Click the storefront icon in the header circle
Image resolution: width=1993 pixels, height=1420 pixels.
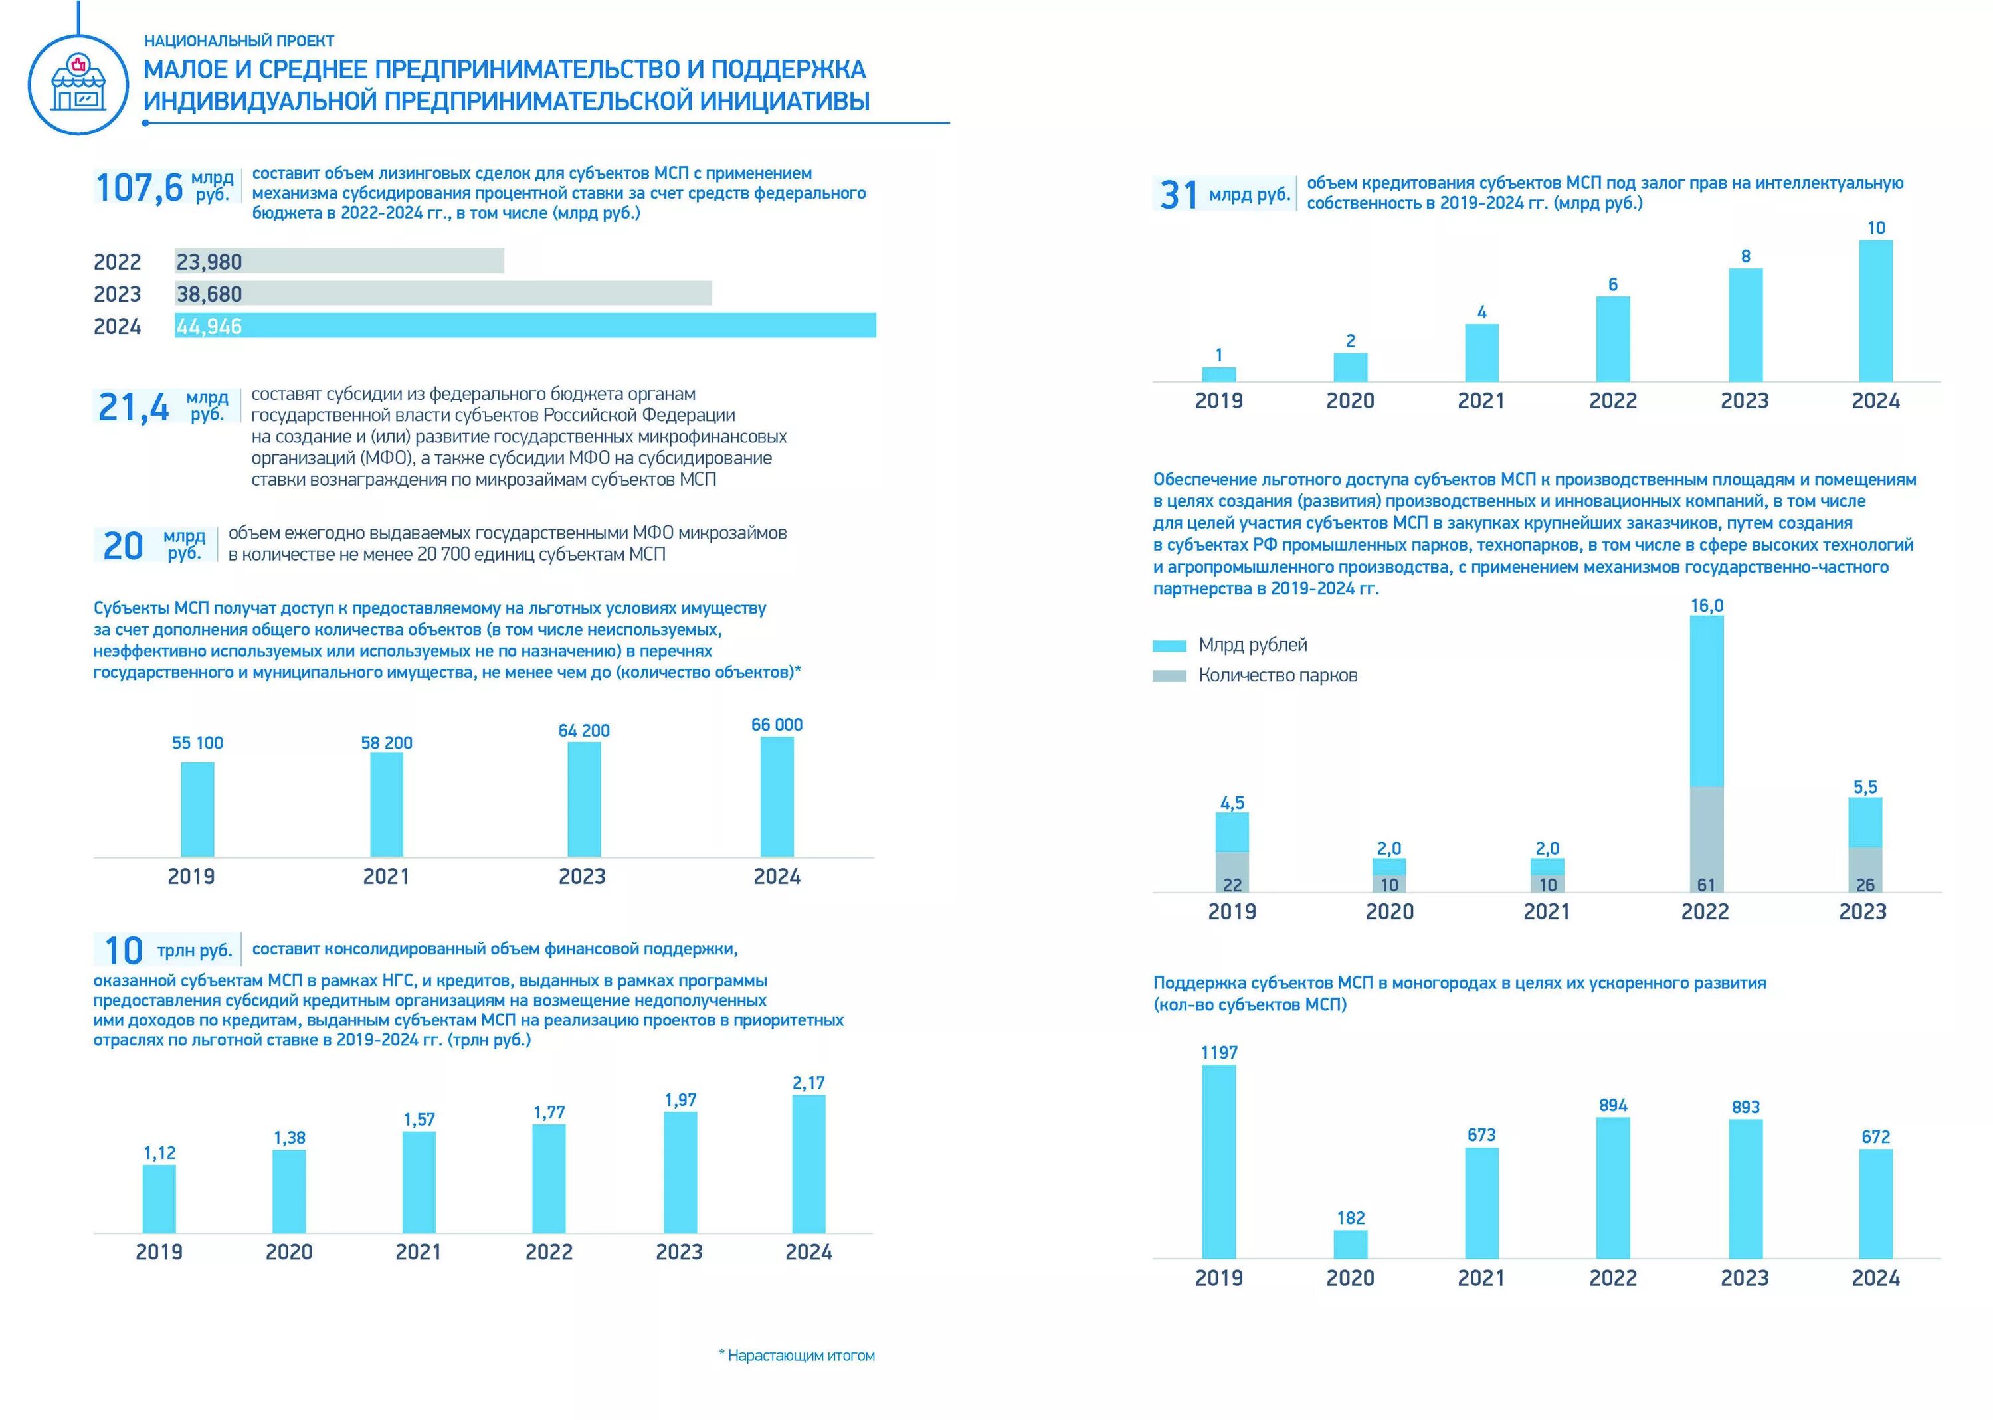78,83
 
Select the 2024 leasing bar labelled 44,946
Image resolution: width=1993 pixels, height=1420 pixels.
525,325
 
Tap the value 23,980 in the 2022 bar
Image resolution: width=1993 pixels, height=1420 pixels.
209,262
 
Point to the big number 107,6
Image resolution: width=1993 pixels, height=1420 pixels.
139,187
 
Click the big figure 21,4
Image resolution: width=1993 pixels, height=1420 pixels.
134,406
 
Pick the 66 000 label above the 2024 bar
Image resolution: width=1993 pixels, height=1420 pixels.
777,725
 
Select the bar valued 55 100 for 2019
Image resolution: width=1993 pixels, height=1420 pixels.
197,809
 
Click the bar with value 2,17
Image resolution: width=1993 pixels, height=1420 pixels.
808,1164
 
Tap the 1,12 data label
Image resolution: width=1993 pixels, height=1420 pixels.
160,1153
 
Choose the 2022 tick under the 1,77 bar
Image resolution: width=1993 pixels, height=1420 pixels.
548,1252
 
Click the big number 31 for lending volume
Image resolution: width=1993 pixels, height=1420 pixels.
1179,194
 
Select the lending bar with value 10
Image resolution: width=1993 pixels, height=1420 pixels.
1876,310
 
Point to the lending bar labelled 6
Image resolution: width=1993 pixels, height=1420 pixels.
1612,339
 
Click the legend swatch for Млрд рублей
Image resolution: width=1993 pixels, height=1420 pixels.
1169,646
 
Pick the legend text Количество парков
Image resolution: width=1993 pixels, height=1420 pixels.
1278,675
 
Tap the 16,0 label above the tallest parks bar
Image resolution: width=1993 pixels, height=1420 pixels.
1706,606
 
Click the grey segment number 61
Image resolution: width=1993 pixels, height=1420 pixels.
1706,885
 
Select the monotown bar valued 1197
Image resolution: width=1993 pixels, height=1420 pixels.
1219,1161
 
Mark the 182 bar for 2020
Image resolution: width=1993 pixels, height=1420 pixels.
1350,1244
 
